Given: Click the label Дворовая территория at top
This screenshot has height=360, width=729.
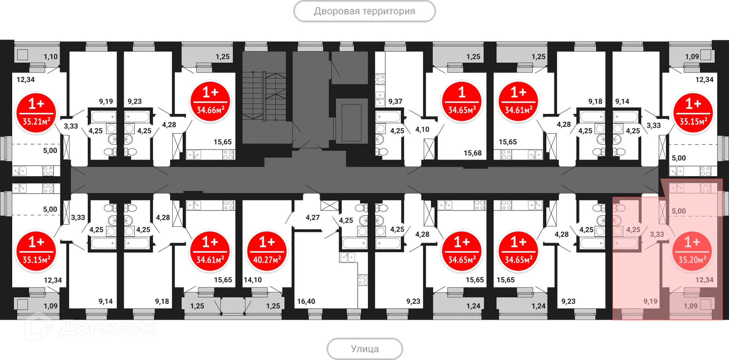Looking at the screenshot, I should coord(364,11).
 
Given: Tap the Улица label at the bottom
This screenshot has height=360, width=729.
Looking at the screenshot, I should coord(364,348).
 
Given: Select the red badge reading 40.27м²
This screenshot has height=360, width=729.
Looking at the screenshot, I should coord(267,251).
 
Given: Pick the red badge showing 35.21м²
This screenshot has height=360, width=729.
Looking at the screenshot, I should coord(36,113).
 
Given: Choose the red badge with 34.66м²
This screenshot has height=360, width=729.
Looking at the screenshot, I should coord(210,101).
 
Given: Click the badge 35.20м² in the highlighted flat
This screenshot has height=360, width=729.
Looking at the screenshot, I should coord(692,251).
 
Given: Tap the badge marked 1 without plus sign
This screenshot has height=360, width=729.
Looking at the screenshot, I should coord(462,101).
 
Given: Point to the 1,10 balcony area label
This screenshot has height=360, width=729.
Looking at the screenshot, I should coord(50,57).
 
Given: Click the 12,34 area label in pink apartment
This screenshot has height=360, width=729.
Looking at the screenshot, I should coord(704,280).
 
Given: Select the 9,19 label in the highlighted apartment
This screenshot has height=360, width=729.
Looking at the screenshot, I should coord(650,302).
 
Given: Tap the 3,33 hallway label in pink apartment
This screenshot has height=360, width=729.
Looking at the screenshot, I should coord(656,234).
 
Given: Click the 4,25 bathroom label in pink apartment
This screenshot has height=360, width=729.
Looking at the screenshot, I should coord(633,230).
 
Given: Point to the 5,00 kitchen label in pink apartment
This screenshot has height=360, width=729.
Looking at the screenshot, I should coord(679,211).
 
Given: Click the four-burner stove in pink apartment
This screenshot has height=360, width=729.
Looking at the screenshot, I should coord(705,188).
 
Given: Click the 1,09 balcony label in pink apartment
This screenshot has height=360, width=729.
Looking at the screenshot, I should coord(690,306).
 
